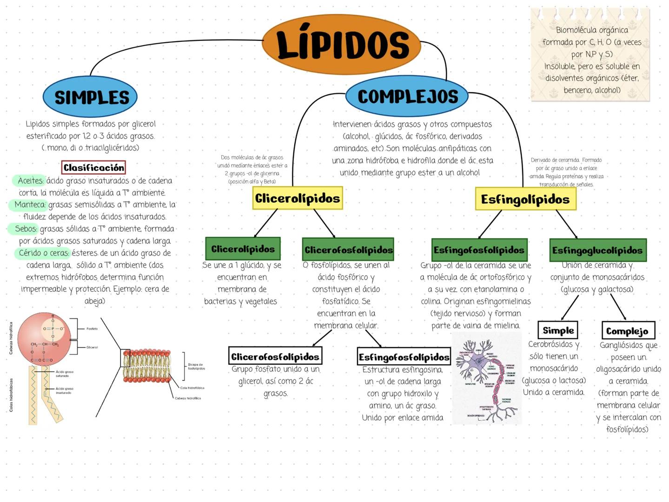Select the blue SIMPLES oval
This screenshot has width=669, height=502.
coord(90,97)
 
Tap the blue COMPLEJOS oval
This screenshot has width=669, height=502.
coord(407,96)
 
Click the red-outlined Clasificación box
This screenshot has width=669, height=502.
coord(93,167)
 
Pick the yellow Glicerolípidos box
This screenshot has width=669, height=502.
coord(298,198)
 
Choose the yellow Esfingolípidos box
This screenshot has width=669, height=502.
coord(525,199)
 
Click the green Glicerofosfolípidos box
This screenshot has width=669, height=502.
coord(348,250)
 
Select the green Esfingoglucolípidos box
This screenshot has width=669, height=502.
coord(597,250)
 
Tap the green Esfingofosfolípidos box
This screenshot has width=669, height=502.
coord(479,250)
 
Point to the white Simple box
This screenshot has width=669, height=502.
coord(558,330)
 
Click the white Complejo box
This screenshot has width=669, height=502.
coord(627,331)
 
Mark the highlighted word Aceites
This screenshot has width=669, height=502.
coord(30,180)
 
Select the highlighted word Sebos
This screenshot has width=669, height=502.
coord(25,229)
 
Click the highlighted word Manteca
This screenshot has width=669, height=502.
coord(30,205)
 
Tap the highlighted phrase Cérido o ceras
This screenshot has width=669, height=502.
coord(44,253)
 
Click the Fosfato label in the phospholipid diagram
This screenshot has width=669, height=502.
coord(92,329)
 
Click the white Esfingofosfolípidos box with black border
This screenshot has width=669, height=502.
coord(404,357)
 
